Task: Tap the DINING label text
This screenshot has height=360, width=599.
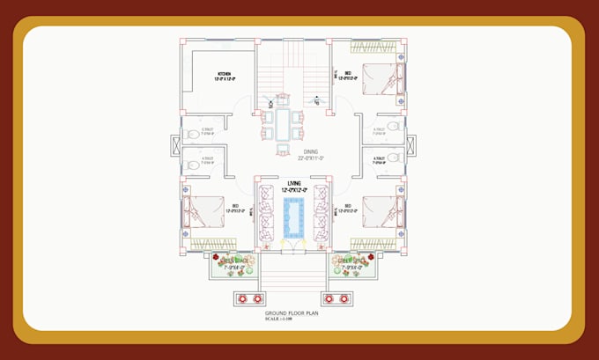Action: (306, 154)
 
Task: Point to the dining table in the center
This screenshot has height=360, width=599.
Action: (283, 123)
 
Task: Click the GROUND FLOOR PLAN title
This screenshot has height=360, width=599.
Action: (291, 313)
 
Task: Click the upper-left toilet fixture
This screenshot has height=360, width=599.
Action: (193, 135)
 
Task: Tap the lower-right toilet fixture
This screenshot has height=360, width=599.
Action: (393, 159)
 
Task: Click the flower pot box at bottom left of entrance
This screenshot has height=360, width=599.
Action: (243, 298)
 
